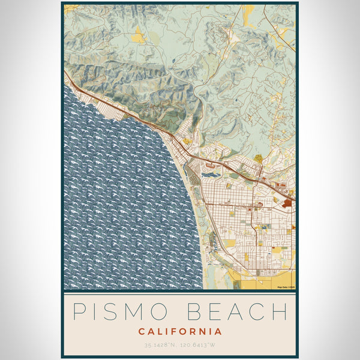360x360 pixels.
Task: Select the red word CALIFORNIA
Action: (x=180, y=331)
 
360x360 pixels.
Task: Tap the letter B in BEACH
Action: (x=196, y=312)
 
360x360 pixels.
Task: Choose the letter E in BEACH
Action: (x=216, y=312)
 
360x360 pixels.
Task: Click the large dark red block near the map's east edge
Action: (x=287, y=204)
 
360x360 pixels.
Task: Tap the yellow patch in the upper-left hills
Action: (x=139, y=37)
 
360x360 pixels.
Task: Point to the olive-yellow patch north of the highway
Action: (x=258, y=159)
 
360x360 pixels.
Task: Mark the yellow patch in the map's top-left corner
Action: (x=70, y=8)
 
